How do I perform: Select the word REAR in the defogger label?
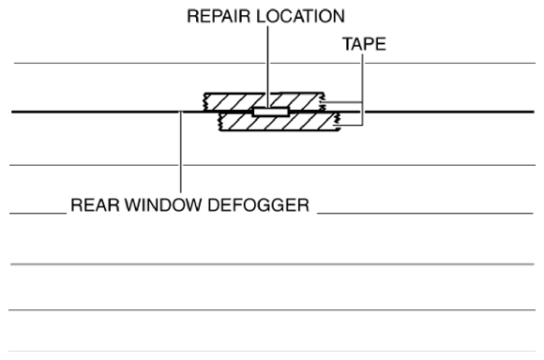click(90, 205)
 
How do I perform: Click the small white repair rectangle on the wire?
click(268, 112)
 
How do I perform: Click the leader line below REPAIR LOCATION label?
click(267, 66)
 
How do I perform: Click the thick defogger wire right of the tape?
click(441, 112)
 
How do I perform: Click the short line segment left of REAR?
click(38, 213)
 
